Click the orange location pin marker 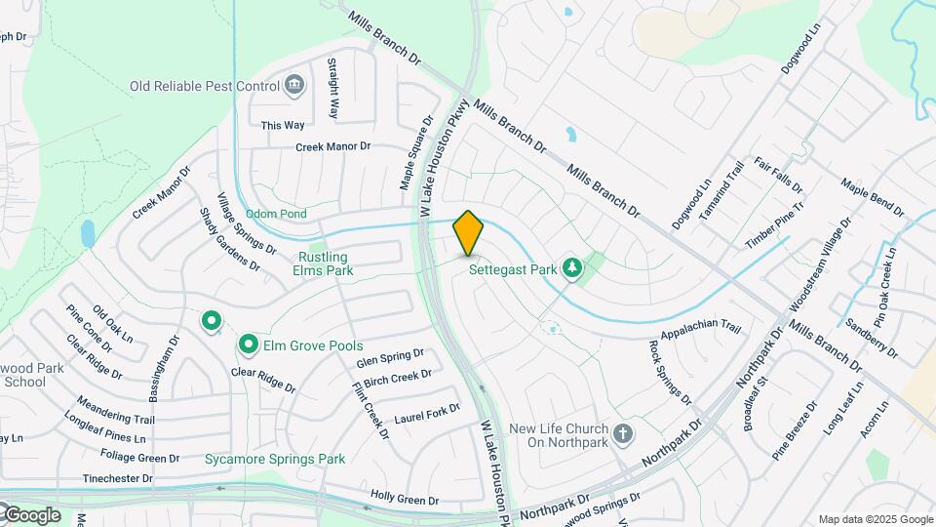pyautogui.click(x=469, y=232)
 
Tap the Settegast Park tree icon pyautogui.click(x=573, y=267)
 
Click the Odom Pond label pyautogui.click(x=276, y=214)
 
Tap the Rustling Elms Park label pyautogui.click(x=324, y=264)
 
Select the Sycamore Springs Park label pyautogui.click(x=275, y=458)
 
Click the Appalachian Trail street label pyautogui.click(x=701, y=334)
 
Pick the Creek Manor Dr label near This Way pyautogui.click(x=334, y=146)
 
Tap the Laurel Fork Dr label pyautogui.click(x=426, y=415)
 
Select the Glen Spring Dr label pyautogui.click(x=390, y=358)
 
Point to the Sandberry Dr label pyautogui.click(x=872, y=337)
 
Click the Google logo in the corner pyautogui.click(x=31, y=514)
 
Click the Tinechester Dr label pyautogui.click(x=118, y=478)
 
